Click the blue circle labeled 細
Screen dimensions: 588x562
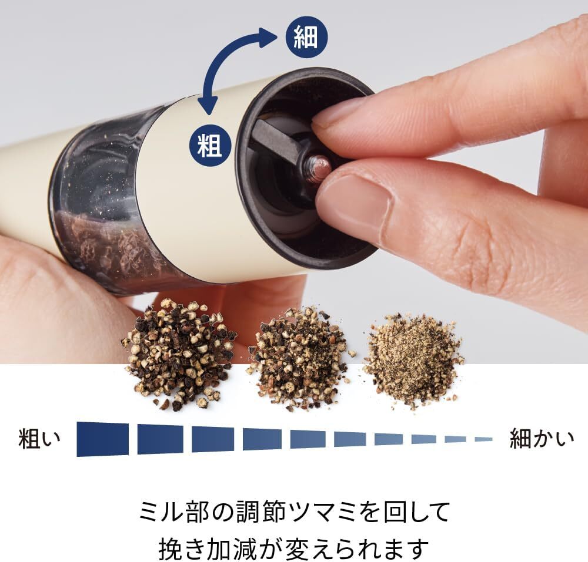pos(306,37)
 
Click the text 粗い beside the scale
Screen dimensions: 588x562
pos(39,439)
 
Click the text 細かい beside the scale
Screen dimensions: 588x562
pos(542,439)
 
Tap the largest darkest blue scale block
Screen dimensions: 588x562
pos(102,439)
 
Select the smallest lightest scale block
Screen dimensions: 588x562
pos(483,439)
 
